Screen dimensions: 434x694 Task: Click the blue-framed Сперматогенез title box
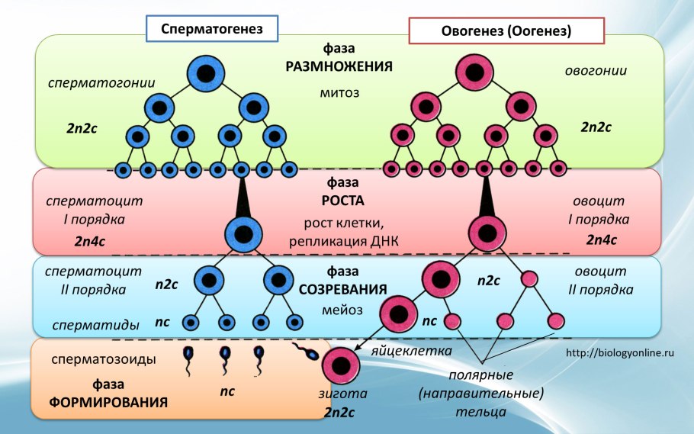point(211,29)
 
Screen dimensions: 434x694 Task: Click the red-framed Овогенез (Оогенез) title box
point(506,31)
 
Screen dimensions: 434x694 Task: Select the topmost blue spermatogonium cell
point(205,74)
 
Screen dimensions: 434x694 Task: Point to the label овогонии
point(596,71)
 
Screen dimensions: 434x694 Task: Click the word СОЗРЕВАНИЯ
point(344,290)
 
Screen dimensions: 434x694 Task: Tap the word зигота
point(343,395)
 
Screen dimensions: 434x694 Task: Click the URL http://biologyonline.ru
point(622,353)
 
